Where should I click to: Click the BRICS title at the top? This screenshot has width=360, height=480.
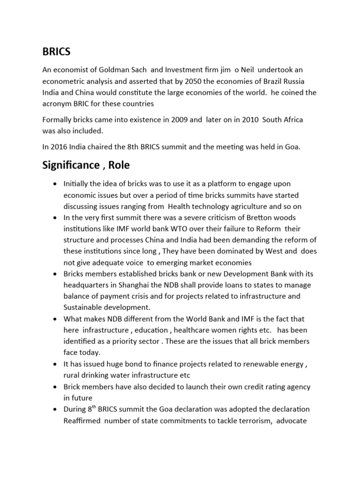pyautogui.click(x=56, y=51)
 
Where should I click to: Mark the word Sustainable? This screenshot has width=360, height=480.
pyautogui.click(x=82, y=307)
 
